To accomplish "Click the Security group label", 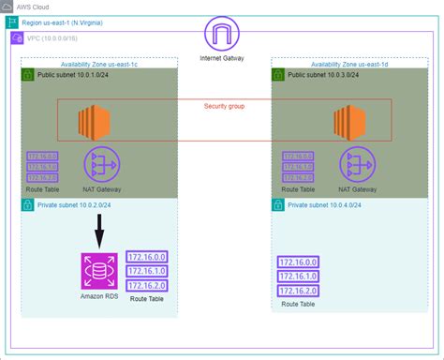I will tap(224, 106).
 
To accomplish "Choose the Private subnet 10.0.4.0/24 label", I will tap(326, 203).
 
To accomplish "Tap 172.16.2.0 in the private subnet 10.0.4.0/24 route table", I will tap(299, 292).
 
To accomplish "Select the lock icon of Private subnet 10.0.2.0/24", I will tap(28, 204).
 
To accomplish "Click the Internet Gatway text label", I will tap(222, 58).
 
